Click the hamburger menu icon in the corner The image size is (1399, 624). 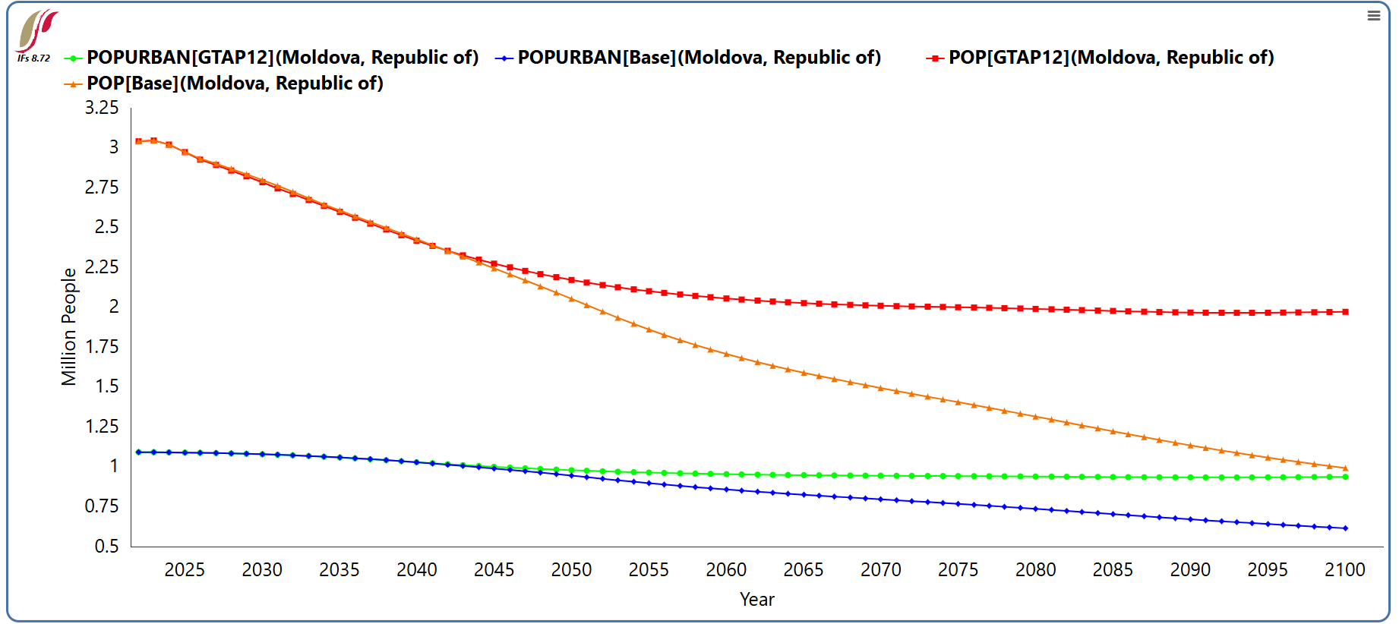pos(1373,15)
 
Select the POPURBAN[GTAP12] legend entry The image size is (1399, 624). pos(272,58)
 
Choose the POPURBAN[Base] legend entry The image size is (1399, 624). pos(688,58)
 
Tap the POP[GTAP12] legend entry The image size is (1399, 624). pos(1100,58)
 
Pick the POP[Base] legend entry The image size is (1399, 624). pos(224,84)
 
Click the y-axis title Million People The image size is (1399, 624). pos(69,326)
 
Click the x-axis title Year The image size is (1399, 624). pos(757,600)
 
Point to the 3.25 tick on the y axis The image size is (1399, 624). pos(102,108)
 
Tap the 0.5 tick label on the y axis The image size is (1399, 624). pos(106,547)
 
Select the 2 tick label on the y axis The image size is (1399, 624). pos(114,307)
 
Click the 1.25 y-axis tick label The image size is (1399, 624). pos(102,427)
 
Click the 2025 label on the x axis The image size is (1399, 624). pos(185,570)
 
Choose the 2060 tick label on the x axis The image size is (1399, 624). pos(726,570)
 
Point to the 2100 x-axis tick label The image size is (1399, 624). pos(1345,570)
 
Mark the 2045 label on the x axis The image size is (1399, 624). pos(494,570)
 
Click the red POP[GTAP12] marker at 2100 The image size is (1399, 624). pos(1345,312)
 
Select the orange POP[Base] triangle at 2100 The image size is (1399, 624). pos(1345,468)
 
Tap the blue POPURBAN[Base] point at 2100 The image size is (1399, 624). pos(1345,528)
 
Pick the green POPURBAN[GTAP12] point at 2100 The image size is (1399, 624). pos(1345,477)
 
